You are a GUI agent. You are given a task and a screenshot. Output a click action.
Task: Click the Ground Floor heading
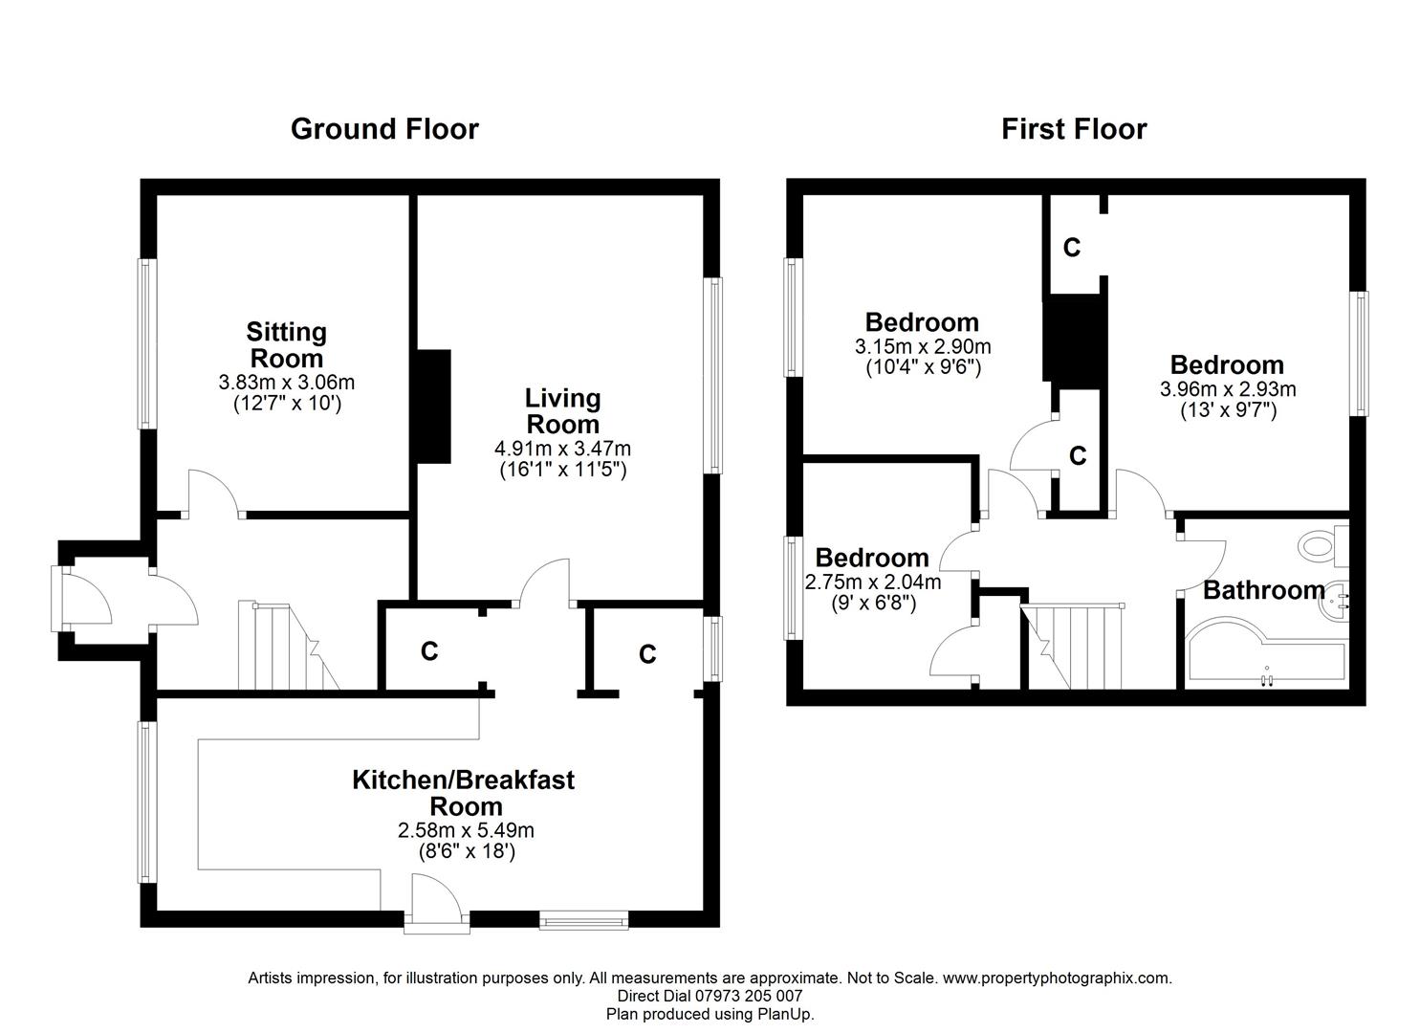point(384,129)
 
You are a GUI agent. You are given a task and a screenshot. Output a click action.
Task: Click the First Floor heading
point(1074,129)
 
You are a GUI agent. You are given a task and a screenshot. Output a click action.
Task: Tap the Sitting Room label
point(287,345)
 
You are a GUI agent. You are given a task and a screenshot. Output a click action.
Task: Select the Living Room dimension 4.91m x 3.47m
point(562,449)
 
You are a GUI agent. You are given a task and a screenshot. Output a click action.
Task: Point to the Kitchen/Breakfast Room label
point(464,793)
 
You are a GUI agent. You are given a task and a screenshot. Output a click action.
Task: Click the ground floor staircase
point(289,647)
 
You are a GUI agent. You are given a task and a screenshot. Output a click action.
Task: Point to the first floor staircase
point(1072,647)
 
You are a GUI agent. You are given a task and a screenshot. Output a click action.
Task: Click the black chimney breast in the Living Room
point(433,407)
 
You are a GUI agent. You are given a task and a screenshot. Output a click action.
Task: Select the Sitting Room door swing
point(213,493)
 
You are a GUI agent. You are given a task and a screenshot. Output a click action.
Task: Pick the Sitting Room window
point(147,343)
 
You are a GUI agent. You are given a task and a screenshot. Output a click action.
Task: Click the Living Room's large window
point(713,375)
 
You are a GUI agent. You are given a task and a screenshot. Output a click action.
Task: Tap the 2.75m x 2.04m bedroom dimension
point(872,582)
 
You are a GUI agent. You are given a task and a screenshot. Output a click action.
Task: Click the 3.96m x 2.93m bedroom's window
point(1358,353)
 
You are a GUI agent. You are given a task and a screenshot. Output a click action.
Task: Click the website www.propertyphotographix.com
point(1057,978)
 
